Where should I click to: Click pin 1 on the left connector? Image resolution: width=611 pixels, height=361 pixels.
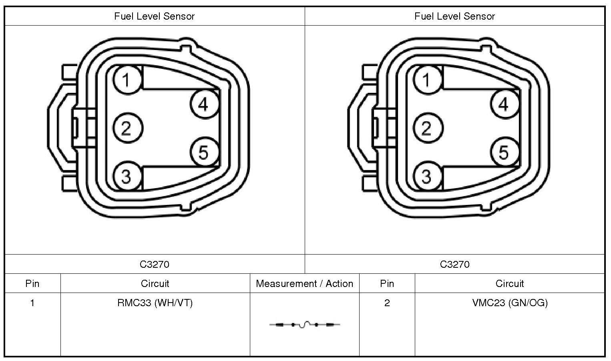127,80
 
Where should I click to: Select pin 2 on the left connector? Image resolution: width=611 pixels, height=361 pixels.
127,128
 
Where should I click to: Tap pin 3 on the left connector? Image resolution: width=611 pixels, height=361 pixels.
127,176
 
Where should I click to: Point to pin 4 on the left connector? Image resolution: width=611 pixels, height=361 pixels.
205,104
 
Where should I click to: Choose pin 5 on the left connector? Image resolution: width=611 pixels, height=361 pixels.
205,152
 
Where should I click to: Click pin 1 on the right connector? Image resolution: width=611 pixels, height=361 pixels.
428,80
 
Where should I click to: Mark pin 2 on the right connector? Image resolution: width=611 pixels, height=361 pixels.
428,128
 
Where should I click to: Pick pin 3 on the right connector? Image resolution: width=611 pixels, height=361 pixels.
428,176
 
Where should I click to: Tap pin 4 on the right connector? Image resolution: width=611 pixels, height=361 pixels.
505,104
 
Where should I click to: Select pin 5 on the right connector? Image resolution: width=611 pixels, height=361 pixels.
505,152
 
